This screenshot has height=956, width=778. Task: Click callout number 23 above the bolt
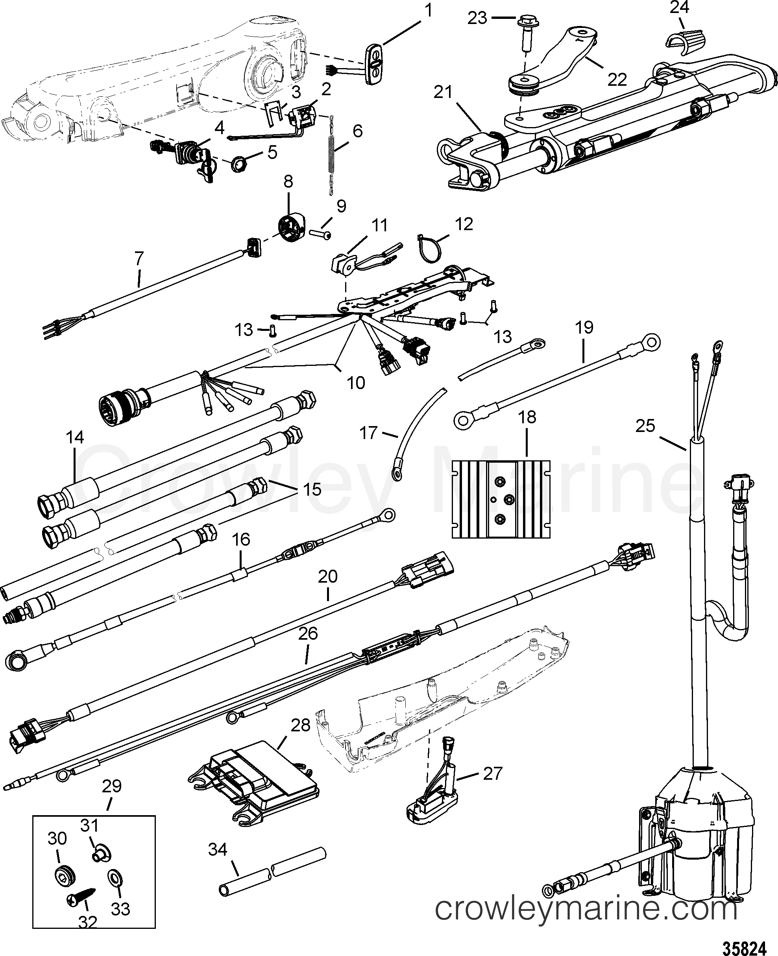point(477,18)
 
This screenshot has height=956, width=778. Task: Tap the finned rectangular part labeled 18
point(501,498)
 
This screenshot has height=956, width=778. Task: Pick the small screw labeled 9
point(321,234)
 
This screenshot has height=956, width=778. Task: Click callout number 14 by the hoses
point(75,437)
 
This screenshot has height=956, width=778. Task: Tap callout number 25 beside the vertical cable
point(645,426)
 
